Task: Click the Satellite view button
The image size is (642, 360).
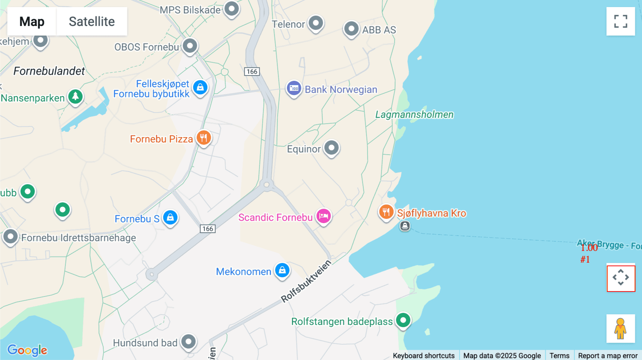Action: pyautogui.click(x=92, y=22)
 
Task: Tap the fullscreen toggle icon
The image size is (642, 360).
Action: pyautogui.click(x=621, y=21)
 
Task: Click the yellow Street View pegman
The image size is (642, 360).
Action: pyautogui.click(x=620, y=328)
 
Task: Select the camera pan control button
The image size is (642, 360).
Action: pyautogui.click(x=621, y=278)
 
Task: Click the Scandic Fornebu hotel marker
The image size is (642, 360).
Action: pyautogui.click(x=323, y=216)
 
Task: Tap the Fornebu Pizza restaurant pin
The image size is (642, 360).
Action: pyautogui.click(x=204, y=138)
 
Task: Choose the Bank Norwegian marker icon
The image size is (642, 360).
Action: pyautogui.click(x=294, y=88)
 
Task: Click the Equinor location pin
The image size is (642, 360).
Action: pyautogui.click(x=331, y=148)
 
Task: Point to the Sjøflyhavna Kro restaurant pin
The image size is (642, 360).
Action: pyautogui.click(x=386, y=212)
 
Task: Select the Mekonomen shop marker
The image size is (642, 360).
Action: pyautogui.click(x=282, y=270)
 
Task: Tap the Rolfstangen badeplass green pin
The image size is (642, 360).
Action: pyautogui.click(x=403, y=320)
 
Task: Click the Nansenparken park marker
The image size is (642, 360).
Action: pyautogui.click(x=75, y=97)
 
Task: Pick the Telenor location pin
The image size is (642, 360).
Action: pyautogui.click(x=316, y=23)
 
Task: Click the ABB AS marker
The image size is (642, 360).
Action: pyautogui.click(x=351, y=29)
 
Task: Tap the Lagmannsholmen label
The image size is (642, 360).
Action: pyautogui.click(x=414, y=114)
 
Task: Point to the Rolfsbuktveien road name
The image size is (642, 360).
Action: pyautogui.click(x=306, y=282)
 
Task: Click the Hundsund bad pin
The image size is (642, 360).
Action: pyautogui.click(x=188, y=341)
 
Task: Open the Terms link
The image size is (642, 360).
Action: pyautogui.click(x=559, y=355)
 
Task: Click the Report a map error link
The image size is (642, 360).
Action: pyautogui.click(x=607, y=355)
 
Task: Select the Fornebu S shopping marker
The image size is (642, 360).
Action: pyautogui.click(x=170, y=217)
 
